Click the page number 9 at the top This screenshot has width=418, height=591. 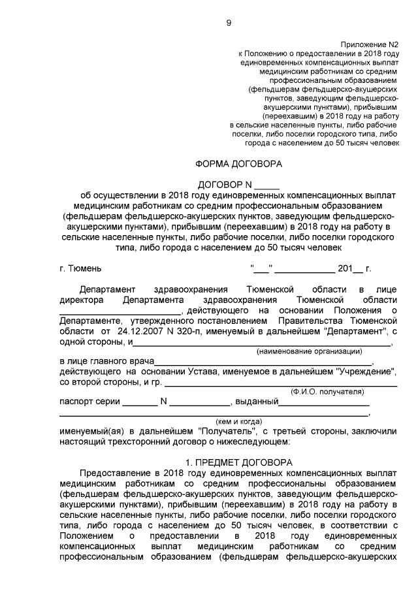(229, 24)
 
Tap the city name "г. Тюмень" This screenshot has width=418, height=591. (80, 268)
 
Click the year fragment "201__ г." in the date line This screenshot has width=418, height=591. (354, 268)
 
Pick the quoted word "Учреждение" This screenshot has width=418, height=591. (366, 372)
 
